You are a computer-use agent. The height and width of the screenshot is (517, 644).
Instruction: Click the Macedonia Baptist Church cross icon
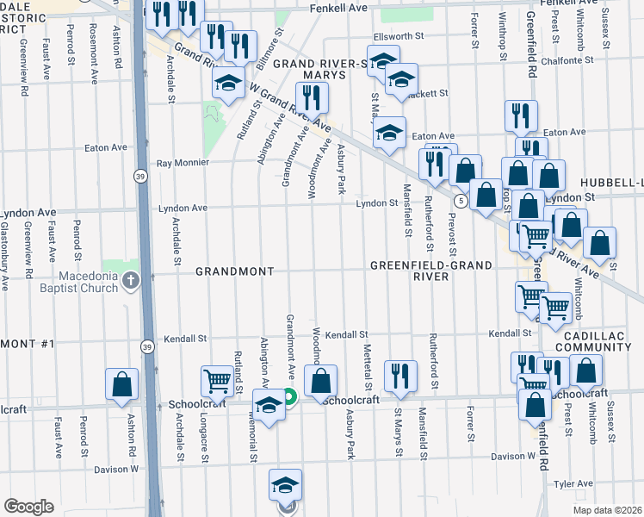pos(130,280)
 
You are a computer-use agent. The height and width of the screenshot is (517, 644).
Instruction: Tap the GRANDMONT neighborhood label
pos(234,271)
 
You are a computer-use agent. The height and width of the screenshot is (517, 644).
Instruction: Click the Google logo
pos(28,507)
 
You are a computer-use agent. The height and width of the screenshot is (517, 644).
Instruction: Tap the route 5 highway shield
pos(462,202)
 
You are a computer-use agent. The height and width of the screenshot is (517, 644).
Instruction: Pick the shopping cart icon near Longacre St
pos(218,381)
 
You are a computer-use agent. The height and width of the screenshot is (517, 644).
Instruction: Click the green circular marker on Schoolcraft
pos(289,397)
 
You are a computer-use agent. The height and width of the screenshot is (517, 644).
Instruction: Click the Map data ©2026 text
pos(607,510)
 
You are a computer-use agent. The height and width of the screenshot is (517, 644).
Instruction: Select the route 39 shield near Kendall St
pos(146,342)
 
